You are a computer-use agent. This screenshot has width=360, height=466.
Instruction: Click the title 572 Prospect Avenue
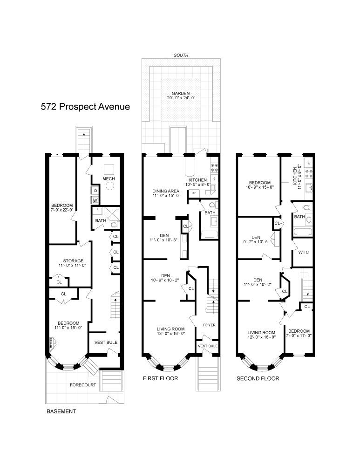pyautogui.click(x=85, y=106)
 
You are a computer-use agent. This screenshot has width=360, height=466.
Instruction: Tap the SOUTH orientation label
pyautogui.click(x=181, y=55)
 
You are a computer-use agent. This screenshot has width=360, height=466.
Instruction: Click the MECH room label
pyautogui.click(x=109, y=179)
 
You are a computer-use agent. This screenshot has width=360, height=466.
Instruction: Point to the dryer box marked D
pyautogui.click(x=95, y=191)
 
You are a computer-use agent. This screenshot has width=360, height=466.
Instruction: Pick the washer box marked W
pyautogui.click(x=95, y=200)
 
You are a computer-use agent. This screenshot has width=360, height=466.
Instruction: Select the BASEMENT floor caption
pyautogui.click(x=61, y=412)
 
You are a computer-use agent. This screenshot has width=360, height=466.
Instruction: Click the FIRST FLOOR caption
pyautogui.click(x=160, y=378)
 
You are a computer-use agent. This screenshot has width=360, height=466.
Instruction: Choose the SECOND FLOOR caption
pyautogui.click(x=258, y=378)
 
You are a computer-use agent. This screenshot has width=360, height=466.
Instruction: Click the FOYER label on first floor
pyautogui.click(x=209, y=325)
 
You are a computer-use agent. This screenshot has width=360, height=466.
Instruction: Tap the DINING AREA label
pyautogui.click(x=166, y=191)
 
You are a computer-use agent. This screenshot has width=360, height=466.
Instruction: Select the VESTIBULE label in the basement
pyautogui.click(x=106, y=343)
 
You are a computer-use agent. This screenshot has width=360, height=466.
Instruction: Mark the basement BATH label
pyautogui.click(x=101, y=221)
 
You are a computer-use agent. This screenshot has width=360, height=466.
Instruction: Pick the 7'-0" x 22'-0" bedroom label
pyautogui.click(x=62, y=206)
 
